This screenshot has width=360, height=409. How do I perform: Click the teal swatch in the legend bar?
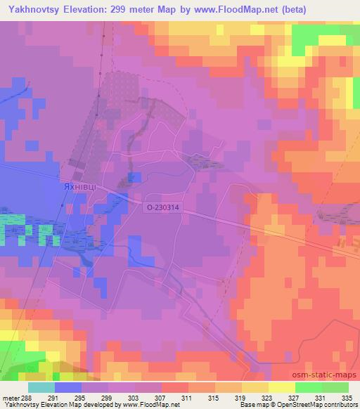click(41, 387)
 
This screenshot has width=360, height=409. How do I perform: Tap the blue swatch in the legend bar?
click(68, 387)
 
